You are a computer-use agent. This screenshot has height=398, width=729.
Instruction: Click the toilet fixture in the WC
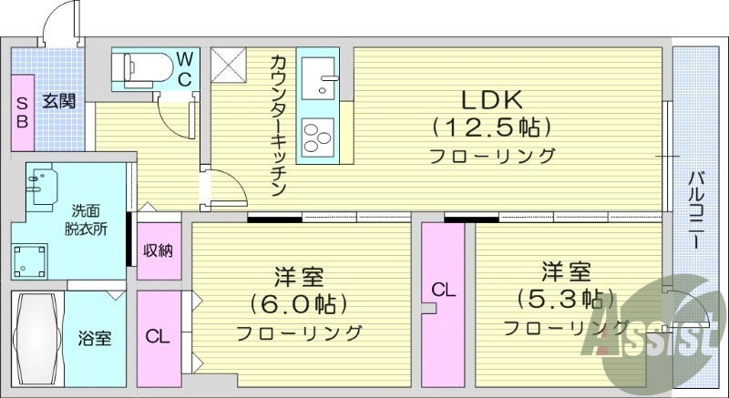pyautogui.click(x=142, y=67)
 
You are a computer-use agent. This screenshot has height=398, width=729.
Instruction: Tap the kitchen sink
pyautogui.click(x=317, y=77)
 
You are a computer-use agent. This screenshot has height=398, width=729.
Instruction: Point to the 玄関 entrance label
pyautogui.click(x=57, y=101)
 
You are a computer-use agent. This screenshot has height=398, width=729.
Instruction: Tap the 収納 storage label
pyautogui.click(x=159, y=250)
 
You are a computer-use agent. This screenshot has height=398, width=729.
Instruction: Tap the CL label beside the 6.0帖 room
pyautogui.click(x=159, y=335)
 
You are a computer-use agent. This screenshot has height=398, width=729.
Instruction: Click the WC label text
pyautogui.click(x=184, y=67)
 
